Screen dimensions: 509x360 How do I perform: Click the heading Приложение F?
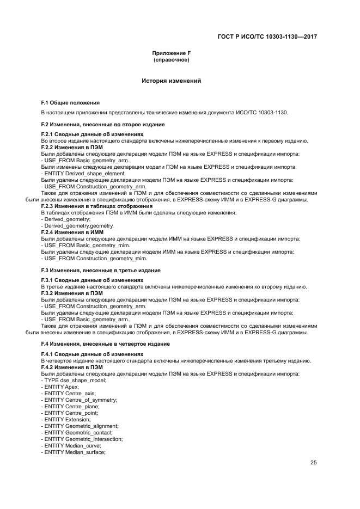[172, 53]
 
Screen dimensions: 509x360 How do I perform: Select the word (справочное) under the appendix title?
[172, 59]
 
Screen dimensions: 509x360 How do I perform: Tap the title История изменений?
[172, 81]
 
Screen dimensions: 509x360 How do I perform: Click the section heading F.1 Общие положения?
[71, 102]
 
